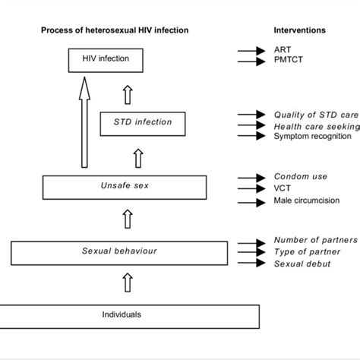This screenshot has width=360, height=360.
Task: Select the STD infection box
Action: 142,122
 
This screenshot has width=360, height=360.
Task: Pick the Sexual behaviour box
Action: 118,251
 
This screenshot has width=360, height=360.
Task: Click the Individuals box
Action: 121,314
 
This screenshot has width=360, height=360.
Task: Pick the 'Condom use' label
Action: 301,177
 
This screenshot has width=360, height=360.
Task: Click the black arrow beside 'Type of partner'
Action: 249,251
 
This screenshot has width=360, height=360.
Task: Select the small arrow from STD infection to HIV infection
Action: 128,93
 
